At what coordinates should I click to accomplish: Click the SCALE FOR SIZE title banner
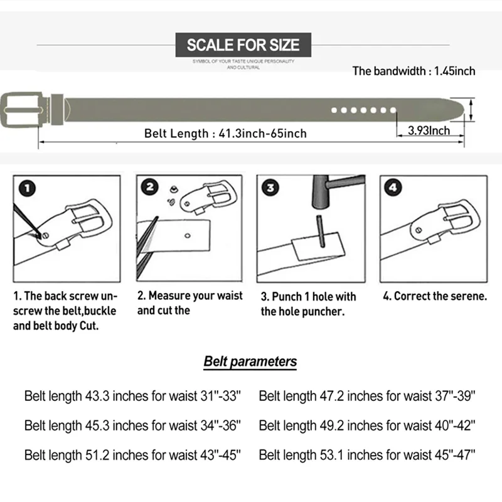click(243, 45)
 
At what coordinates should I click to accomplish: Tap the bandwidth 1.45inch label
click(414, 71)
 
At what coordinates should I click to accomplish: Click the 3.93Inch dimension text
click(429, 131)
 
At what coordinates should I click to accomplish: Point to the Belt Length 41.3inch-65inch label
click(225, 133)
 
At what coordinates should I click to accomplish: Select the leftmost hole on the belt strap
click(334, 110)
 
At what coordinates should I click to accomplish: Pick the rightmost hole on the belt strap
click(393, 110)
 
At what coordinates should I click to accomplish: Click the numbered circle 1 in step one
click(27, 188)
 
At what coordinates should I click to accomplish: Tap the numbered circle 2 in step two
click(150, 187)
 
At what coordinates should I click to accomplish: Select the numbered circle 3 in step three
click(270, 188)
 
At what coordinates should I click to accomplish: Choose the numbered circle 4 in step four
click(393, 188)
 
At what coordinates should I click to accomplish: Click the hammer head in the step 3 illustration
click(321, 192)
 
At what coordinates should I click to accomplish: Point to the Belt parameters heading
click(250, 361)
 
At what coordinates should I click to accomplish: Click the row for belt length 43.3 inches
click(132, 396)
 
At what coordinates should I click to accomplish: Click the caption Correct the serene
click(435, 296)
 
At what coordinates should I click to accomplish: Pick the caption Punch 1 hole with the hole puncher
click(308, 304)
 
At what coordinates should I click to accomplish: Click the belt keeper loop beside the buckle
click(57, 110)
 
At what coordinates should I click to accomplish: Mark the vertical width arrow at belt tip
click(471, 110)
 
